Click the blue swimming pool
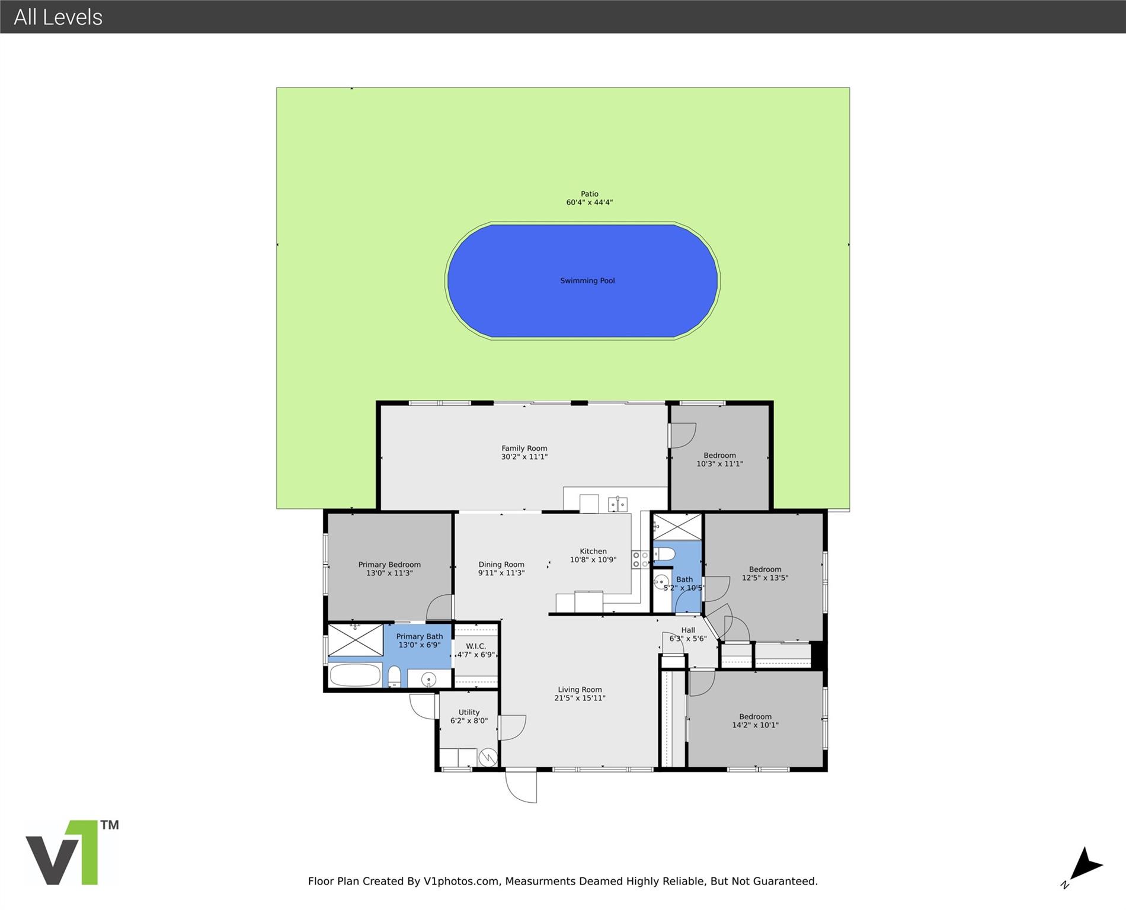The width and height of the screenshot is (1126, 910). pos(583,281)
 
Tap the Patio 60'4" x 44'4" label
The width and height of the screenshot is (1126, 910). pos(589,198)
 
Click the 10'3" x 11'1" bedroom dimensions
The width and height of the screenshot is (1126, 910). pos(719,464)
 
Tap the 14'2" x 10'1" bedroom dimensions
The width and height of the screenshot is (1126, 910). pos(755,725)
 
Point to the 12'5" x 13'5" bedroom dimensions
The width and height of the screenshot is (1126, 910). pos(765,578)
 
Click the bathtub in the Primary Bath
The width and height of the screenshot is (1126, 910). pos(355,675)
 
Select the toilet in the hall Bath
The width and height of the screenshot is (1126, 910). pos(664,555)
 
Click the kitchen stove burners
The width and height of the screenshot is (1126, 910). pos(640,559)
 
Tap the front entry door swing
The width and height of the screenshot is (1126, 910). pos(521,786)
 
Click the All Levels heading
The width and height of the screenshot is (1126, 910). pos(58,17)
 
